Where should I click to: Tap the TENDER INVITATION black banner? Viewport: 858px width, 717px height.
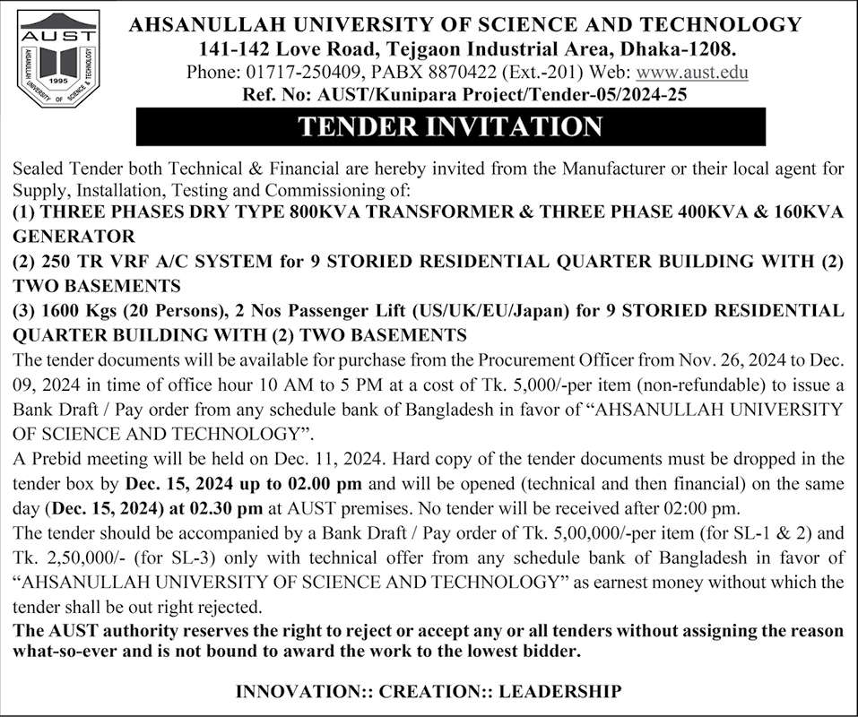point(450,126)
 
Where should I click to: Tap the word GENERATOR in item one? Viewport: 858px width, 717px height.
point(74,237)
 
